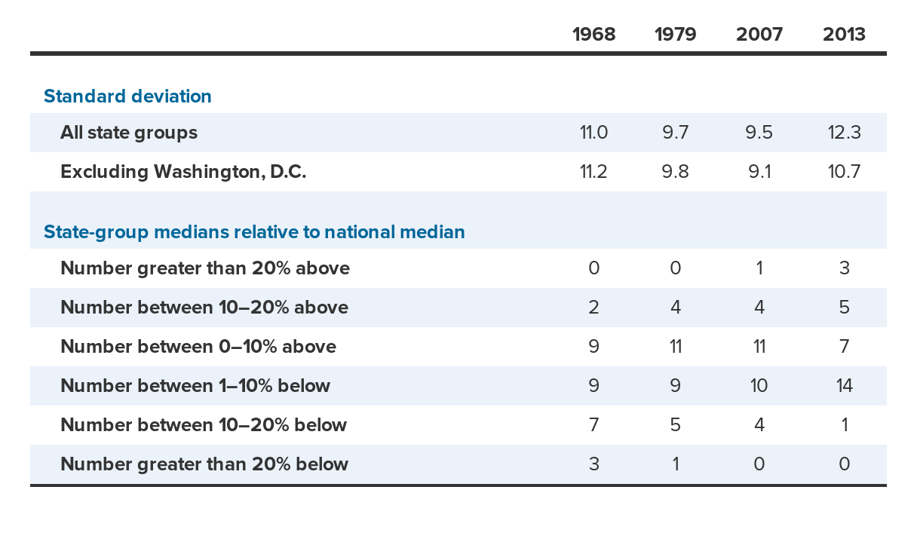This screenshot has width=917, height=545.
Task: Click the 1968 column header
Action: click(593, 34)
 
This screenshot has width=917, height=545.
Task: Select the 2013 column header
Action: click(844, 34)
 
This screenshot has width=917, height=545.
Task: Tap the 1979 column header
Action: click(675, 34)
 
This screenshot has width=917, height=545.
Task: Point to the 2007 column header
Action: click(759, 34)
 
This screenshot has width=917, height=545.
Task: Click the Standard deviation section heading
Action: click(127, 96)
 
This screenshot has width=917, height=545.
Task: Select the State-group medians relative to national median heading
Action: click(254, 231)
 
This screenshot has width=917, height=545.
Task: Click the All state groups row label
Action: click(129, 133)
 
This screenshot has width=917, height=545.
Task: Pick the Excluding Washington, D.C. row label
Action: click(183, 172)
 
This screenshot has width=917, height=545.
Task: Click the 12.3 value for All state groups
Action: click(844, 133)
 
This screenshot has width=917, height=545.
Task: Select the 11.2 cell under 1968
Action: click(593, 172)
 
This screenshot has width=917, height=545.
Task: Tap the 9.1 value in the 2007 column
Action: click(759, 172)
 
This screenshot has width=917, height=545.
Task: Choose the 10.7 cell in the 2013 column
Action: click(844, 172)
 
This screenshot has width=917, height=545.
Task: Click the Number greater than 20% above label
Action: click(205, 268)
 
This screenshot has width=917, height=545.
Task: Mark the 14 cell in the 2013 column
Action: click(844, 386)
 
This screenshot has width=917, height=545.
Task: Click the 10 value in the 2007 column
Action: click(759, 386)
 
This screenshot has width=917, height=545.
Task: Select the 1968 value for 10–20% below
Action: click(593, 425)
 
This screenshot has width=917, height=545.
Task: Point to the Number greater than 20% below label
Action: click(204, 464)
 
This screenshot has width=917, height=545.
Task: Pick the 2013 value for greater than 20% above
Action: click(844, 268)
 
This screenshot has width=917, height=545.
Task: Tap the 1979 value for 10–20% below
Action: click(675, 425)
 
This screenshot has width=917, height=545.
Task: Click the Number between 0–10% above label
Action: click(198, 347)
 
